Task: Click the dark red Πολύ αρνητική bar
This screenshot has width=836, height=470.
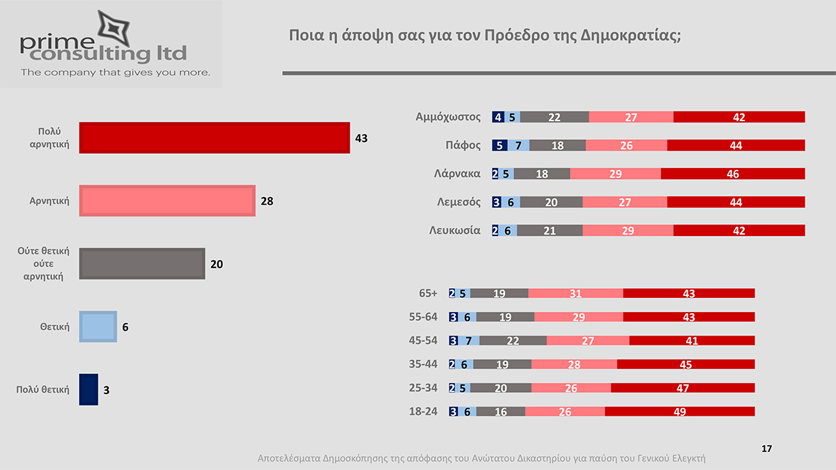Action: pos(214,137)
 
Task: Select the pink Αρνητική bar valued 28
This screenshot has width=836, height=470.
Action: pos(167,201)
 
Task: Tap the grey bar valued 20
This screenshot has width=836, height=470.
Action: pos(142,264)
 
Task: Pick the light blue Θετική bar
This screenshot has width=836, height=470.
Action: pos(98,327)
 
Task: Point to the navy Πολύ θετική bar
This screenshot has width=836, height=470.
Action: pos(88,389)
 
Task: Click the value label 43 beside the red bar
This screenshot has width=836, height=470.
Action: pos(361,138)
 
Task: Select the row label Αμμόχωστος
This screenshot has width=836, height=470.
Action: pos(447,117)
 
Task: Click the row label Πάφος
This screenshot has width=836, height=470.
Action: pos(463,146)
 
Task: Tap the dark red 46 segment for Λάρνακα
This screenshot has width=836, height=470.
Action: pos(733,174)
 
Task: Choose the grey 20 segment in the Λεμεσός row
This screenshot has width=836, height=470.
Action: pos(551,202)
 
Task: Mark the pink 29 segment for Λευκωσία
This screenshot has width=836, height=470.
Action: pos(628,230)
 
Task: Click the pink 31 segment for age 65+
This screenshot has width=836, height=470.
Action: pos(575,294)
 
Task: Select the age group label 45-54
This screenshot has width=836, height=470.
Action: pos(423,340)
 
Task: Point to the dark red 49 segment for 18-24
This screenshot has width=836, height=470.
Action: pos(680,412)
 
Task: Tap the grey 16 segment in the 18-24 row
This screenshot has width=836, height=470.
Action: pos(500,412)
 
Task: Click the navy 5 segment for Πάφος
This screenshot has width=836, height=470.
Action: pos(500,146)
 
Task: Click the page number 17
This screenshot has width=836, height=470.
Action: pos(767,448)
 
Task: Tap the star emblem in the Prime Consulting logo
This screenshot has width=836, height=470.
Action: pos(110,26)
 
